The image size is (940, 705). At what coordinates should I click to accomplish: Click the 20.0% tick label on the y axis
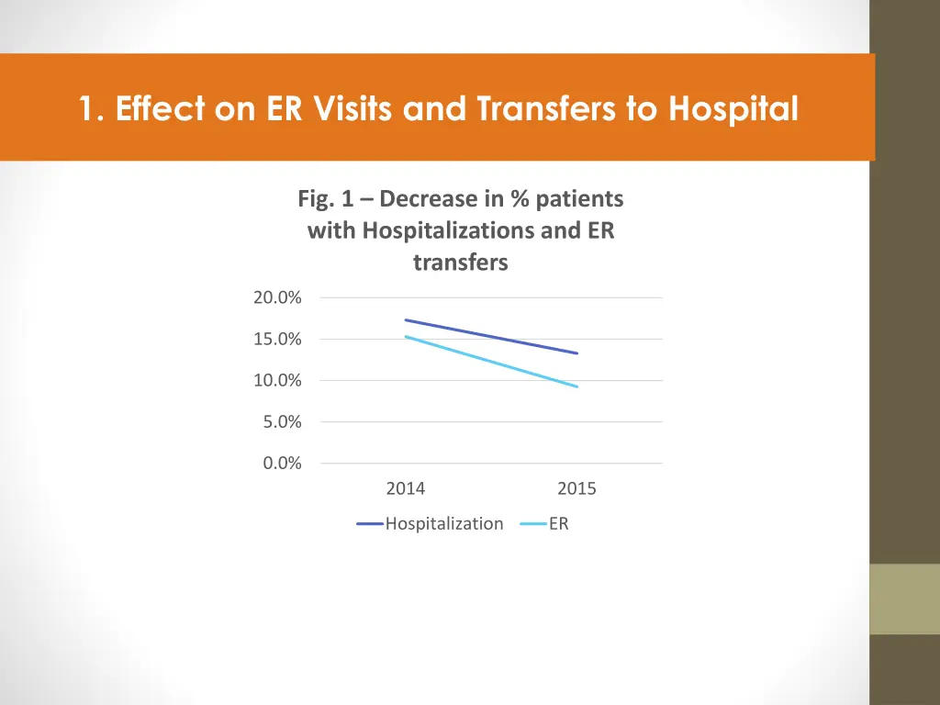(277, 297)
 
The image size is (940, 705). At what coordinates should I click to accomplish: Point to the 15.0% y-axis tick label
(277, 339)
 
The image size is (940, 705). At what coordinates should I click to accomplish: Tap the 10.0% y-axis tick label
(277, 380)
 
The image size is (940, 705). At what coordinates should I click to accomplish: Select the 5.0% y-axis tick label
(281, 421)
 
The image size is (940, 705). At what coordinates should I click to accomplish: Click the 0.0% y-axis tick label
(281, 463)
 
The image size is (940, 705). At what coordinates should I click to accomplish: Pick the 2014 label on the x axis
(406, 489)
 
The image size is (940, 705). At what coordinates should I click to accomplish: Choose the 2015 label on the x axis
(576, 489)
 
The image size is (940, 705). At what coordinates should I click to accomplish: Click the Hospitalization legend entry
(444, 524)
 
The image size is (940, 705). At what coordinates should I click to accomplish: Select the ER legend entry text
(559, 524)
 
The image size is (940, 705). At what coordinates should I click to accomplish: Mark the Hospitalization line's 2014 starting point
(406, 319)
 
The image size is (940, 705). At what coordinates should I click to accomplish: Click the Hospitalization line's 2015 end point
(576, 352)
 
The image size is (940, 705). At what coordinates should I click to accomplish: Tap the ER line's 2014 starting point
(406, 337)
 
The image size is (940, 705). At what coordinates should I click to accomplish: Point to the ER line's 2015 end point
(576, 386)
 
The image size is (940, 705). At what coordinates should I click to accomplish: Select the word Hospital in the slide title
(733, 109)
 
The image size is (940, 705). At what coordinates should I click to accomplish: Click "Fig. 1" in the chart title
(330, 198)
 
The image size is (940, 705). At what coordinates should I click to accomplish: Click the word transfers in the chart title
(460, 263)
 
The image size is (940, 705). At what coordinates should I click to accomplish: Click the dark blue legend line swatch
(370, 524)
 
